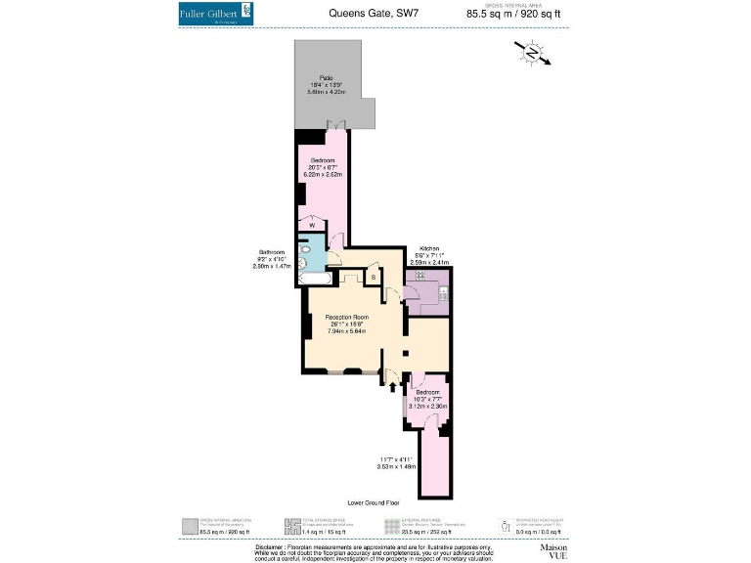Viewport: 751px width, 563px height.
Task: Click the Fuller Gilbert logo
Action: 216,15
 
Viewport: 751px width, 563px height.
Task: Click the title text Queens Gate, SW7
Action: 375,14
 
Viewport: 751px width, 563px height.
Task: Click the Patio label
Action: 326,78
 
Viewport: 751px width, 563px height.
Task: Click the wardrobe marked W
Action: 312,225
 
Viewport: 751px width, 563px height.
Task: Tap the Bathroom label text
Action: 270,251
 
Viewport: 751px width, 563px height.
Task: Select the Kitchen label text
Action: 429,248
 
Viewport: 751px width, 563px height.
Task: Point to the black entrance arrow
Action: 393,386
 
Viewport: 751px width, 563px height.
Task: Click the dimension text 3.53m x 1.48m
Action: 396,465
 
